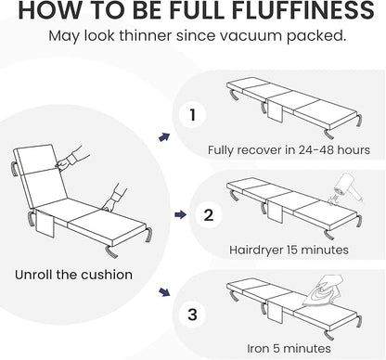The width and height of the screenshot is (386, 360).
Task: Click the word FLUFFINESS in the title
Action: point(303,10)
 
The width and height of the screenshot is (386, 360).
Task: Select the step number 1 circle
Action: point(192,115)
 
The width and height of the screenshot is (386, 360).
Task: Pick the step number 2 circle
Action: point(209,214)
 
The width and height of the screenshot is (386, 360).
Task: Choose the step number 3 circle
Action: point(192,315)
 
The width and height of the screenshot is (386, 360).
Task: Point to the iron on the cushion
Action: point(322,290)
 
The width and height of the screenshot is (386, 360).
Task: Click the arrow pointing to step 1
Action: point(164,137)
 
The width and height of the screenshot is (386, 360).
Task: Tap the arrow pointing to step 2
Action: point(180,214)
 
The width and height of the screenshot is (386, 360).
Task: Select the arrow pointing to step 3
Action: point(164,292)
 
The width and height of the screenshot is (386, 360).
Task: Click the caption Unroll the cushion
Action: point(73,275)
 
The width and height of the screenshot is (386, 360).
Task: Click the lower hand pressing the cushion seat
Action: point(115,198)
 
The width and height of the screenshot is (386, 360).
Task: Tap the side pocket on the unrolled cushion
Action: point(45,225)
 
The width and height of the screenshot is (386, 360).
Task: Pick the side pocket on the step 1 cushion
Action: point(276,110)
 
